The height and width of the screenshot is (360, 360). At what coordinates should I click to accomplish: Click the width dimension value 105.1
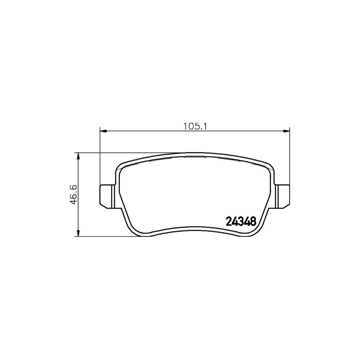[194, 126]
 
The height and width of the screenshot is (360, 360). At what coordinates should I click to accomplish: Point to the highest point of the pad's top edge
[194, 152]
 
